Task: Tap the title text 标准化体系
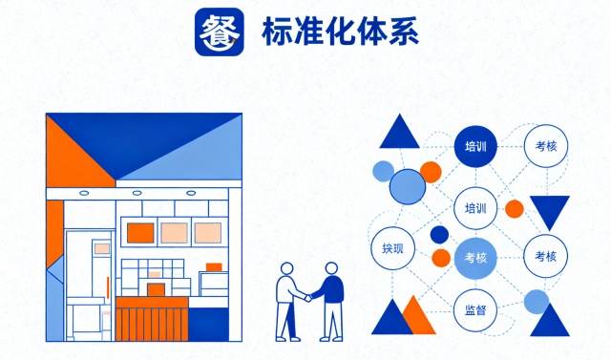(x=339, y=33)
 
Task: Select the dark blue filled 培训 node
(x=474, y=147)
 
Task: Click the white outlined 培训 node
(x=474, y=207)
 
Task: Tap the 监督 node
(x=474, y=310)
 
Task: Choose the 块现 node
(x=392, y=248)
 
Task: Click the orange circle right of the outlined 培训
(x=515, y=208)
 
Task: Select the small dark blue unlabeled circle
(x=439, y=234)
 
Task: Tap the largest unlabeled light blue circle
(x=407, y=186)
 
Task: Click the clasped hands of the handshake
(x=307, y=297)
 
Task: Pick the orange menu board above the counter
(x=141, y=232)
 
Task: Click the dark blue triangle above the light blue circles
(x=399, y=132)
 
